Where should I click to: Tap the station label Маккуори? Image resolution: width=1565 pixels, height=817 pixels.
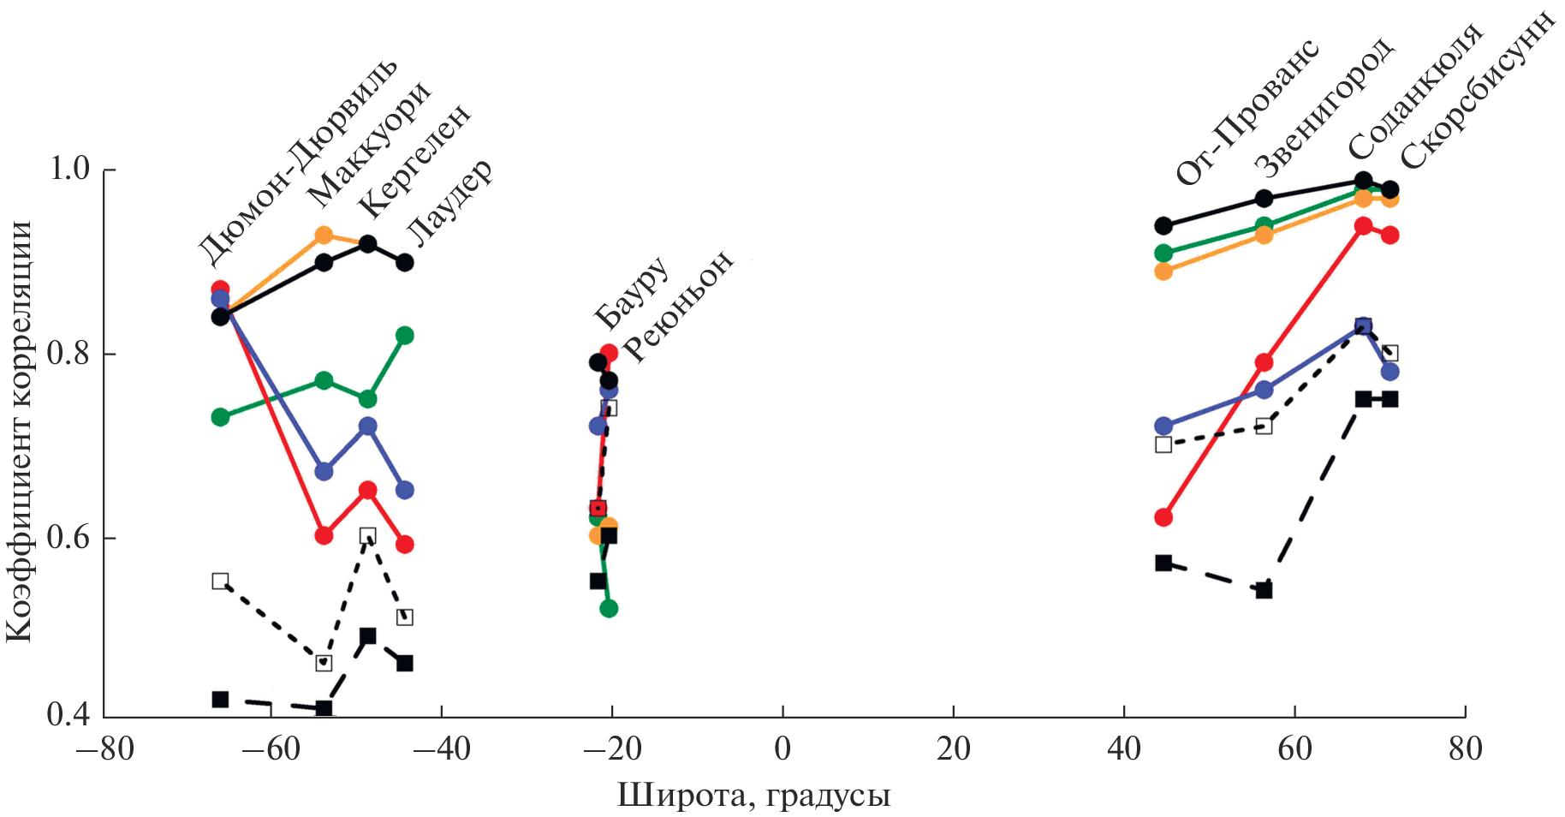point(369,145)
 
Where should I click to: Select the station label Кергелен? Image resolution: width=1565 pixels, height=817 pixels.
point(414,161)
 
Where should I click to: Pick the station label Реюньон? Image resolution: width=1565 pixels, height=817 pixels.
point(678,306)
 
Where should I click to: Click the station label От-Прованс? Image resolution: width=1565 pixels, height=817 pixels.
point(1247,112)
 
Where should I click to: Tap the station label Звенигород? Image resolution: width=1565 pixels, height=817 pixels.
point(1324,106)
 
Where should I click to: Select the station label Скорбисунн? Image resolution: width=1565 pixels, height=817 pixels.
point(1478,91)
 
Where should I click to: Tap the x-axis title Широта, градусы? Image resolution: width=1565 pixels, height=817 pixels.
point(753,796)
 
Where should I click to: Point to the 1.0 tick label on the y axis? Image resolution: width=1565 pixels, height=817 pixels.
point(70,170)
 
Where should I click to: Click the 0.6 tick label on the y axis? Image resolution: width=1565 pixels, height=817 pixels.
point(70,538)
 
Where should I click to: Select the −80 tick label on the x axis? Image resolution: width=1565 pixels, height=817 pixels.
point(105,749)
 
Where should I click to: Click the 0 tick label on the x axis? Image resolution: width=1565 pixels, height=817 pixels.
point(782,749)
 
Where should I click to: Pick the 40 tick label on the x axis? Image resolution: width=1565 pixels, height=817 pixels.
point(1123,749)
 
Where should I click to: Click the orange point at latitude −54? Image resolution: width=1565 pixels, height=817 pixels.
point(324,235)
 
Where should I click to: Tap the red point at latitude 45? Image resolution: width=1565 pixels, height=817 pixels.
point(1163,517)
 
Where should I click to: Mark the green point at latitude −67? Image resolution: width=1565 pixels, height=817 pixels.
point(220,417)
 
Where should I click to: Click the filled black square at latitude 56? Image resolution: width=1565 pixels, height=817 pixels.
point(1264,590)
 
